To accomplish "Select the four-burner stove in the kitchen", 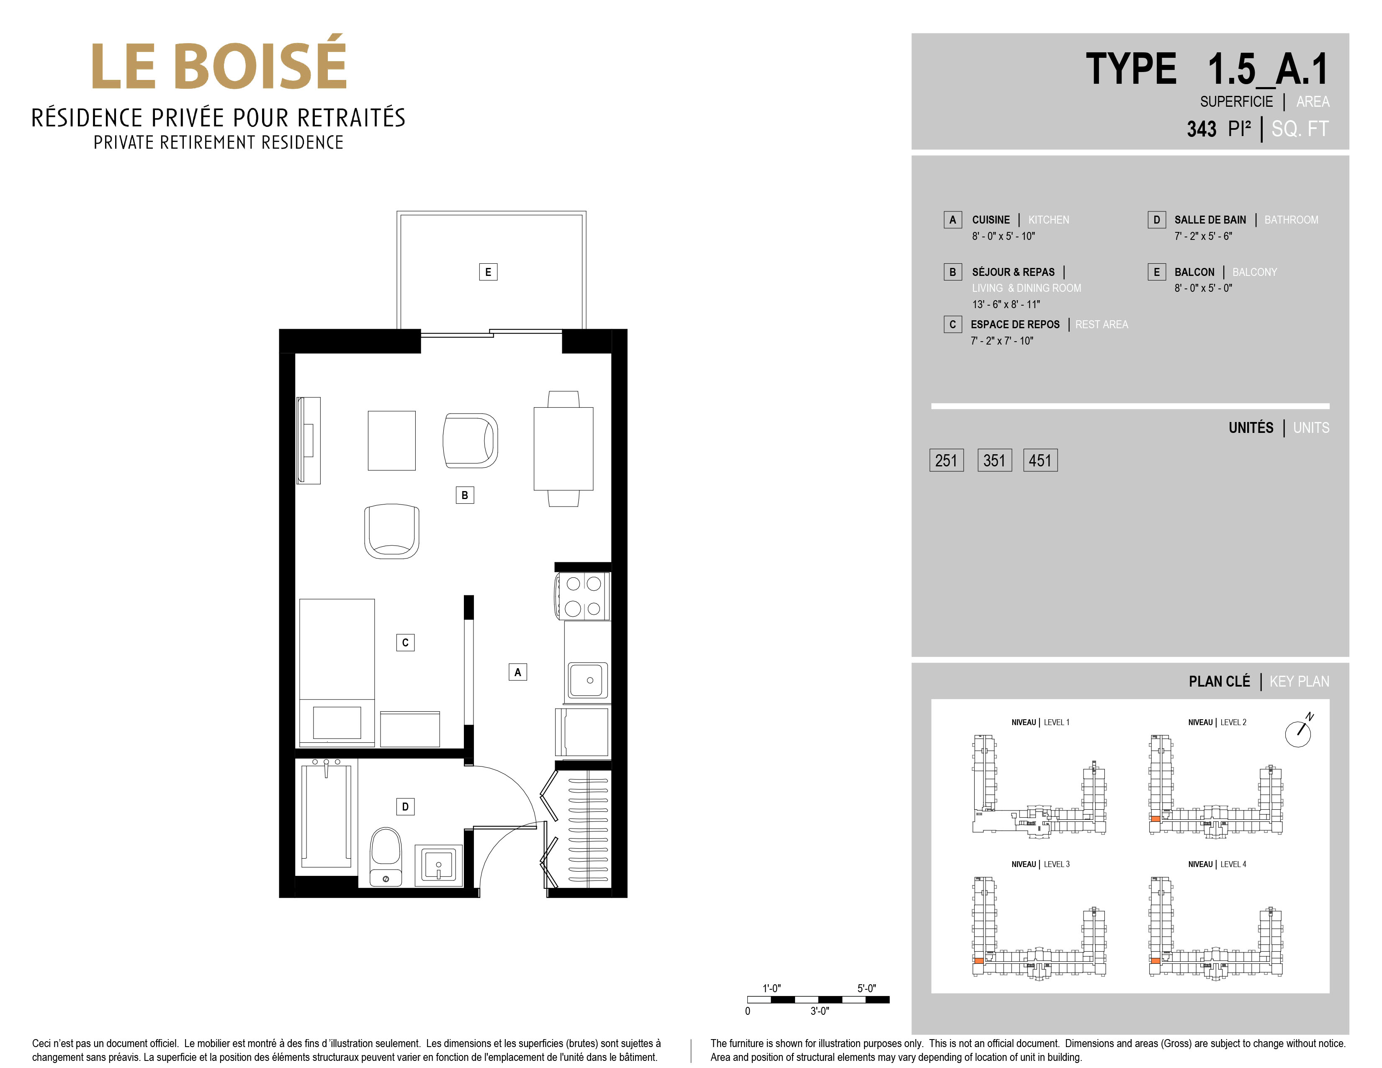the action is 583,596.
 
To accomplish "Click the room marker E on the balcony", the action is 488,272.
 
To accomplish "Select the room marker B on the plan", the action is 464,495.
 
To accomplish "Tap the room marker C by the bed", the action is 405,643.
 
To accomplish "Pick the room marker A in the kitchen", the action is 517,672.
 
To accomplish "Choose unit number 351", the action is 994,461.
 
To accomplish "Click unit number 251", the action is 947,461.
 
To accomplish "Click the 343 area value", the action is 1202,129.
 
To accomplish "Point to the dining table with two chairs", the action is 563,448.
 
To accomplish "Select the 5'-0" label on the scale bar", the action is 866,988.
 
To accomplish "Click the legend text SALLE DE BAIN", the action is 1210,219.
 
